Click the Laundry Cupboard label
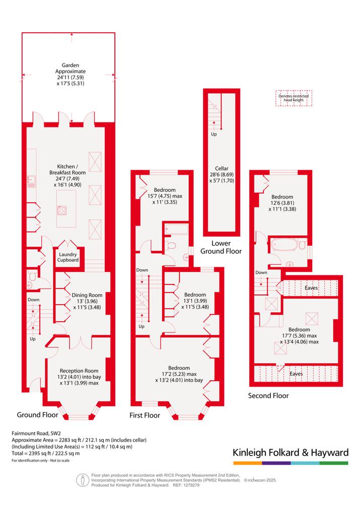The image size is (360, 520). [x=67, y=257]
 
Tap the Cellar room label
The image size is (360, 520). [x=222, y=169]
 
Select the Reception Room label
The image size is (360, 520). [x=79, y=371]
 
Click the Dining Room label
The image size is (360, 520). [x=87, y=295]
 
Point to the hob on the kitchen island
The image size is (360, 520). [x=62, y=210]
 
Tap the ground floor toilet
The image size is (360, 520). [x=32, y=275]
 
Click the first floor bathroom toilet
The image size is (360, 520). [x=171, y=246]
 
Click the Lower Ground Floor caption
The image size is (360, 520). [x=221, y=247]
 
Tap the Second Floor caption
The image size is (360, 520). [x=268, y=396]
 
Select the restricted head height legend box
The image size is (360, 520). [x=294, y=98]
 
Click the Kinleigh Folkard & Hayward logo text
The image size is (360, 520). [x=291, y=453]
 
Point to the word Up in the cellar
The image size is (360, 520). [x=214, y=134]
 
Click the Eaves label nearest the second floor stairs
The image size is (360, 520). [x=311, y=288]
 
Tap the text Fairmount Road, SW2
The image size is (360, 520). [x=36, y=433]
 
